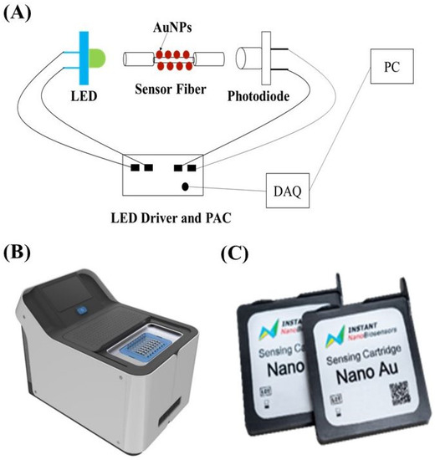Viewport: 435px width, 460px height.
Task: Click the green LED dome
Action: (x=99, y=58)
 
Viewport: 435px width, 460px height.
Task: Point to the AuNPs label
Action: (x=170, y=26)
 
